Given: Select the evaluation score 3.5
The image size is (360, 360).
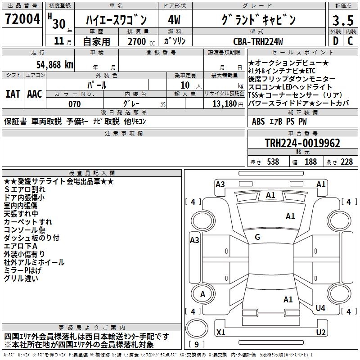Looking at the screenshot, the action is pyautogui.click(x=342, y=21).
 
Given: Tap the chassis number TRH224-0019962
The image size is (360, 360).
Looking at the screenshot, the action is pyautogui.click(x=302, y=144).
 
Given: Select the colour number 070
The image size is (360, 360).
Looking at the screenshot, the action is pyautogui.click(x=74, y=104).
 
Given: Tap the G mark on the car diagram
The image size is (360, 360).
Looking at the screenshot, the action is pyautogui.click(x=257, y=237).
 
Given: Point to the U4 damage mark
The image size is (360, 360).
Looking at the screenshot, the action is pyautogui.click(x=320, y=308).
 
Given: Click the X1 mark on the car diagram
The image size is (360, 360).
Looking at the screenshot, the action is pyautogui.click(x=221, y=333).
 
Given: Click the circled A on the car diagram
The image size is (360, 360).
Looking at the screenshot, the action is pyautogui.click(x=202, y=294).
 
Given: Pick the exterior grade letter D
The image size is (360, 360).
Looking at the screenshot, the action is pyautogui.click(x=335, y=41).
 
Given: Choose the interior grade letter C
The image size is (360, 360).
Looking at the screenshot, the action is pyautogui.click(x=351, y=41).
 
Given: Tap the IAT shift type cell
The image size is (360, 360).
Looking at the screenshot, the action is pyautogui.click(x=13, y=94).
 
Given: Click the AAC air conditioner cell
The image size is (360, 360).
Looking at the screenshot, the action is pyautogui.click(x=35, y=94).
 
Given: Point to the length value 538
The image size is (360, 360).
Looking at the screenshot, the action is pyautogui.click(x=272, y=162).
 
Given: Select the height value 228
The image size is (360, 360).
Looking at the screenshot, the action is pyautogui.click(x=346, y=162).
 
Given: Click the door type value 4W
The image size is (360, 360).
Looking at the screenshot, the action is pyautogui.click(x=174, y=20).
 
